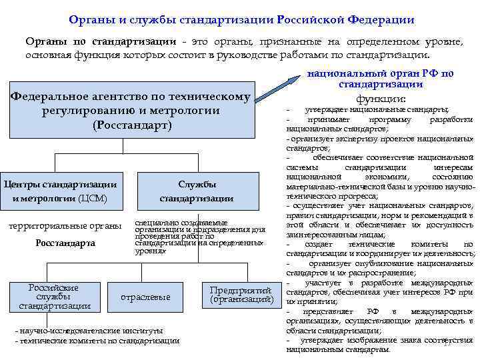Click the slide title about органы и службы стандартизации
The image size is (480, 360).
click(x=241, y=21)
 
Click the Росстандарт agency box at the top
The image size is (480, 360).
click(x=132, y=111)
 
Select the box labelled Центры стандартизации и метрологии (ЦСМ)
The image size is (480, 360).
click(x=60, y=191)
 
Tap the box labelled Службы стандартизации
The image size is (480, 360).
click(x=197, y=191)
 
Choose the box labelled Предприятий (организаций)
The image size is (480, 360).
click(x=241, y=295)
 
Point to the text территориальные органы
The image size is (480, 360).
click(x=65, y=225)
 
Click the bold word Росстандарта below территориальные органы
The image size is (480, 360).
click(x=65, y=243)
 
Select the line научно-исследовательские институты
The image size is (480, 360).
click(x=89, y=330)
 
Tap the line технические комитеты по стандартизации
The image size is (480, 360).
click(x=97, y=341)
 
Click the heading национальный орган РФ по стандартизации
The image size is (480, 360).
click(x=380, y=79)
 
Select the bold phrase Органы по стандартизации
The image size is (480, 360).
click(x=101, y=42)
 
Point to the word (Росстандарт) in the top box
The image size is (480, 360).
click(x=132, y=125)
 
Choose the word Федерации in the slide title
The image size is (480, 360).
click(x=380, y=21)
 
